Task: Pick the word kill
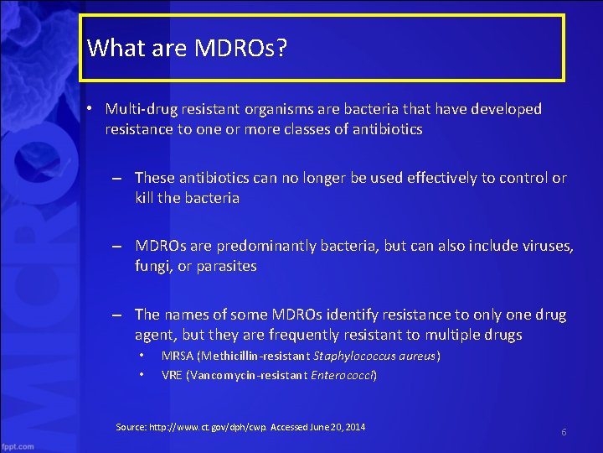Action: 146,199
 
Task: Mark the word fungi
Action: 152,267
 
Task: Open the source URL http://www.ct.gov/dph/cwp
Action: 221,428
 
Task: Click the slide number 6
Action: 564,431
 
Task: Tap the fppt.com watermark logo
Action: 18,445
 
